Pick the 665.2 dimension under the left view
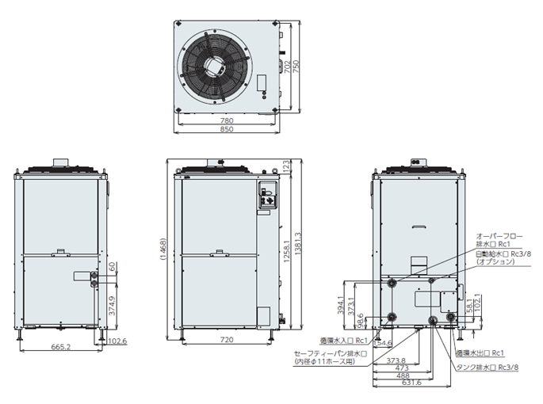tap(61, 347)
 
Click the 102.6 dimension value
tap(116, 341)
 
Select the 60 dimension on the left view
tap(112, 265)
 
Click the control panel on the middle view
tap(266, 197)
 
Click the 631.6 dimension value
tap(409, 382)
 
